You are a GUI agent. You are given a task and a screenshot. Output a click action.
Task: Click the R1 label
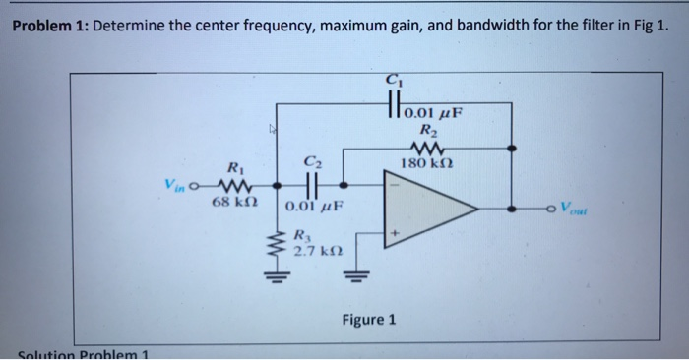click(233, 167)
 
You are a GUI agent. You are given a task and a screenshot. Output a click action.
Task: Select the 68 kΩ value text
click(234, 202)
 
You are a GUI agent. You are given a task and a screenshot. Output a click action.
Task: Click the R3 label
click(306, 235)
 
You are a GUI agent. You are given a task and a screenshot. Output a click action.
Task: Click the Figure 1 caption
click(369, 320)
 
